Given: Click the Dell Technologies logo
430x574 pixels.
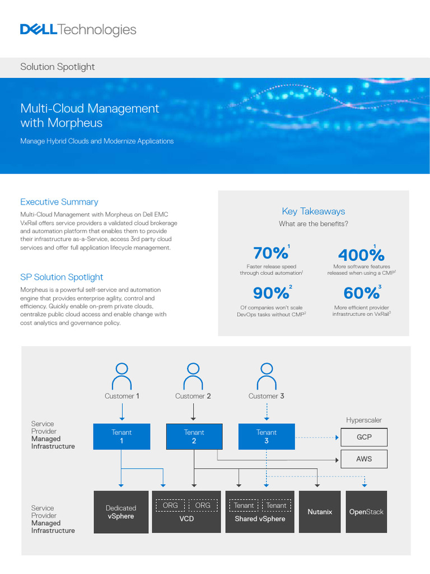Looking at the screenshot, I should (x=78, y=30).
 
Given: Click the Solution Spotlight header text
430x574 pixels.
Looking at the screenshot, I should (x=58, y=67).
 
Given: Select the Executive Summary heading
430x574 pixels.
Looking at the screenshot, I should (x=59, y=202).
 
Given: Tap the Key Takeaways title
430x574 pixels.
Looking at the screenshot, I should (x=313, y=211).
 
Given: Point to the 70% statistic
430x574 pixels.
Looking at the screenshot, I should (x=270, y=253).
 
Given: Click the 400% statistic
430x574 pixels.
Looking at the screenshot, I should (x=361, y=254).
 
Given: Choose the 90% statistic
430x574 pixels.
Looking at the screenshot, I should (x=270, y=293).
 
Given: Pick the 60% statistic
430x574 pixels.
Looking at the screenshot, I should (x=361, y=293).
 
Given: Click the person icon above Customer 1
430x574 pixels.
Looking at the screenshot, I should (x=121, y=376).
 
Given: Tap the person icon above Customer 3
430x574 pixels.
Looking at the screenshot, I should (x=267, y=376).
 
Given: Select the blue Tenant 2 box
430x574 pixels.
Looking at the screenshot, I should (x=194, y=437).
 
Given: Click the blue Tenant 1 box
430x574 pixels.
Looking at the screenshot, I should (x=121, y=437).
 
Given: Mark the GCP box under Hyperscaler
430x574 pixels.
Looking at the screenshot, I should (x=363, y=437).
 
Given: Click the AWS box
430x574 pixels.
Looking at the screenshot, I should (x=363, y=459).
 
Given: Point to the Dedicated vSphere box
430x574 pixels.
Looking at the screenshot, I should (x=121, y=512).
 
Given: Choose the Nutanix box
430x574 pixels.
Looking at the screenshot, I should (x=320, y=512).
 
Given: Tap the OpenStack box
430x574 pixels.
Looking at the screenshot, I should (x=366, y=512).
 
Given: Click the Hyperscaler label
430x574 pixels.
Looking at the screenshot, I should (x=364, y=420).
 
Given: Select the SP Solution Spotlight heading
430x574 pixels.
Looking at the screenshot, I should (x=62, y=277).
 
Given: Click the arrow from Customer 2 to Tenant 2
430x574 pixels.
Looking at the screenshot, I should (x=194, y=412).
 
